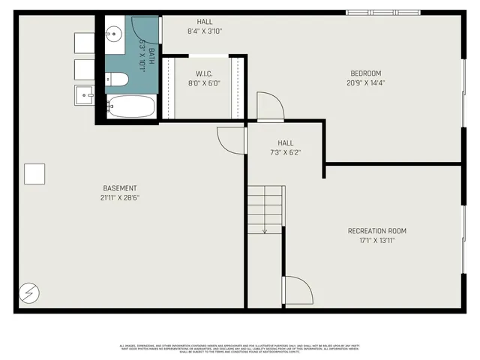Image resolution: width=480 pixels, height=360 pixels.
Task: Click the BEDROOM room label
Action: click(x=366, y=73)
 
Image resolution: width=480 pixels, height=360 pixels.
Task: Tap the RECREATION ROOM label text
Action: click(x=376, y=231)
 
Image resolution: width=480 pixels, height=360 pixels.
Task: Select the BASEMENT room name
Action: click(x=120, y=187)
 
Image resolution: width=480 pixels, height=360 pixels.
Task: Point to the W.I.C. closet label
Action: click(x=204, y=73)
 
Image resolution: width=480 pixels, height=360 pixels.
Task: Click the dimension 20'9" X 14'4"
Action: click(x=366, y=83)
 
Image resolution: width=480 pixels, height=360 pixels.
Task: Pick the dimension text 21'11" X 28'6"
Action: click(x=120, y=197)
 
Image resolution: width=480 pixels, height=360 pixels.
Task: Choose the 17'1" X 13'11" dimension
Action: click(x=376, y=241)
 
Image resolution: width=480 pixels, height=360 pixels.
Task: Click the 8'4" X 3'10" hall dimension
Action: click(x=204, y=31)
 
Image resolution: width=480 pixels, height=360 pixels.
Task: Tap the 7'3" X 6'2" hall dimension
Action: click(x=285, y=152)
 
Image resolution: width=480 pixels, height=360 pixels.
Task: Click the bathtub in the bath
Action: click(x=130, y=106)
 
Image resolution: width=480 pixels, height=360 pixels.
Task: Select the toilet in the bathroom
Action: click(x=117, y=79)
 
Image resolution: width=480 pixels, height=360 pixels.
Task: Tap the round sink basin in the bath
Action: click(x=114, y=33)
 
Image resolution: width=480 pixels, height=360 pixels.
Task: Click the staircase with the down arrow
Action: click(x=265, y=209)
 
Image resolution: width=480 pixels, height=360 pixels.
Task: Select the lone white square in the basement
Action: click(x=34, y=173)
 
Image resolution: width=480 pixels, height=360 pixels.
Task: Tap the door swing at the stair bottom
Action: click(x=297, y=289)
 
